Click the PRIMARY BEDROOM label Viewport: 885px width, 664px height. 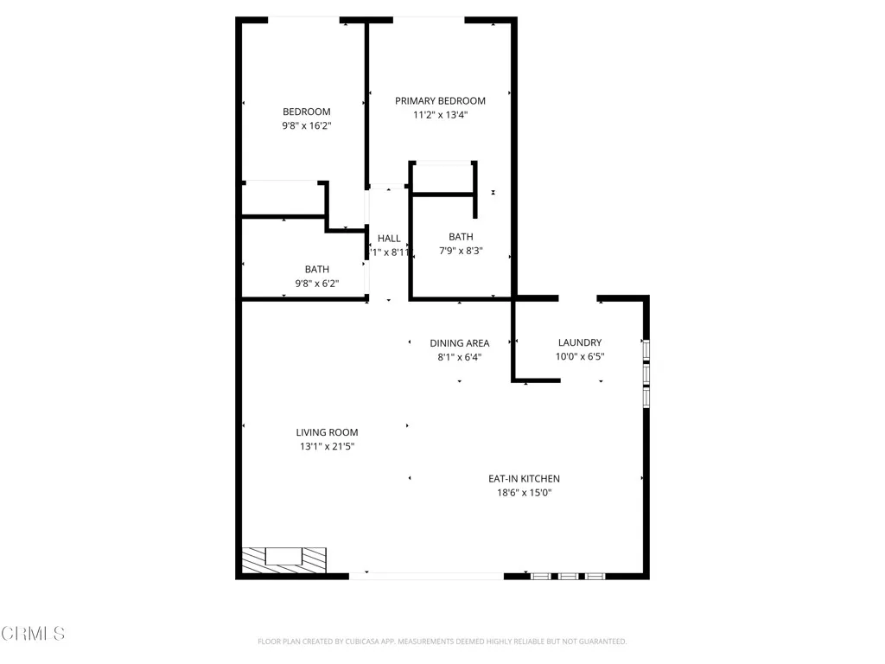(440, 101)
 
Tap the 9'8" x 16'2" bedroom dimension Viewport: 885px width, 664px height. (307, 125)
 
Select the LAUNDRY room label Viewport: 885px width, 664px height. (579, 342)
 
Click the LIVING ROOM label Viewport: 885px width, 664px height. (327, 432)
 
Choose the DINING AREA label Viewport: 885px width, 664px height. (460, 343)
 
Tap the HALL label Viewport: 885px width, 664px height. (389, 239)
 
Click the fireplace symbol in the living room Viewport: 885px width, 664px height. (283, 559)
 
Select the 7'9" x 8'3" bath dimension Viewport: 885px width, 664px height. (461, 251)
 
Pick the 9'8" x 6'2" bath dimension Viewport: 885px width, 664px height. (316, 284)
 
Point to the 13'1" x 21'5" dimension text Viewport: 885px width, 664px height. (327, 447)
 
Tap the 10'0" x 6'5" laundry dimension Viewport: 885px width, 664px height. (579, 356)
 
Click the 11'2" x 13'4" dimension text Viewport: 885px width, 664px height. (440, 115)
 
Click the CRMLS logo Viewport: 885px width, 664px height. (33, 634)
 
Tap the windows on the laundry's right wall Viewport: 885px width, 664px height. (646, 372)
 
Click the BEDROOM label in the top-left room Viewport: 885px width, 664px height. (307, 112)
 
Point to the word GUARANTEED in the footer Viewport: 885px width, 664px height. (600, 642)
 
